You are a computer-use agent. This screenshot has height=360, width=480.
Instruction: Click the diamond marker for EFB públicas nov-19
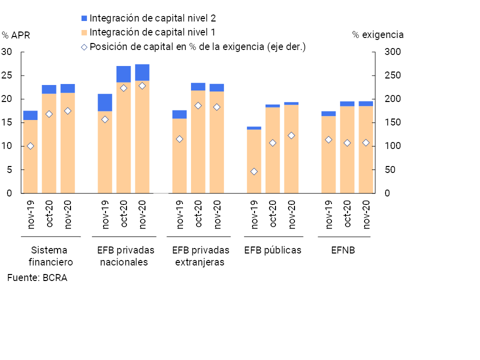click(254, 171)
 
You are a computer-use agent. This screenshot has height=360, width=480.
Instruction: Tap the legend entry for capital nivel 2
click(152, 18)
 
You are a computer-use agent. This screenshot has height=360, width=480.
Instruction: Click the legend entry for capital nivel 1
click(152, 32)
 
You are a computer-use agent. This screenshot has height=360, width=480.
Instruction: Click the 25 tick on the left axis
click(7, 75)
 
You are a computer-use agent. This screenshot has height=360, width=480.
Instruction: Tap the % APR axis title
click(16, 35)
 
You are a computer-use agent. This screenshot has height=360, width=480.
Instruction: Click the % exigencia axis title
click(377, 35)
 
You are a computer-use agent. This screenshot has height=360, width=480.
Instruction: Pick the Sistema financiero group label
click(50, 256)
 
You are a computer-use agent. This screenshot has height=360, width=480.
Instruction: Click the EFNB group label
click(343, 250)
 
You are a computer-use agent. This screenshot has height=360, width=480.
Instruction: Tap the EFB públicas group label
click(272, 250)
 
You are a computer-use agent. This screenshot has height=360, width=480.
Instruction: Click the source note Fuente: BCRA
click(37, 278)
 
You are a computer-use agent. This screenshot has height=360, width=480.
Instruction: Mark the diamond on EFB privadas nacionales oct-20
click(123, 88)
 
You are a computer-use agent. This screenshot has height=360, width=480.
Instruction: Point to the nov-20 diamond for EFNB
click(366, 142)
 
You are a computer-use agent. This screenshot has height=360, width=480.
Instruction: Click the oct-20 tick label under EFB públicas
click(272, 213)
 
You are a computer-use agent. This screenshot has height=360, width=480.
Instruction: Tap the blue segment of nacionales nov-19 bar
click(105, 102)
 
